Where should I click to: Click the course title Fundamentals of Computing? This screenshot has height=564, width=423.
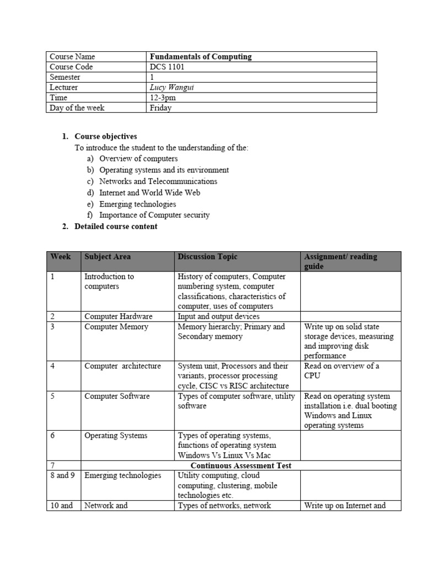[200, 57]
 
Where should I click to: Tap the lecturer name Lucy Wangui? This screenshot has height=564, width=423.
[173, 87]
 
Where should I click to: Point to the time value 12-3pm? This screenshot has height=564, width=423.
[164, 97]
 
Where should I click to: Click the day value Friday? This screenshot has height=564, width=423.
[161, 108]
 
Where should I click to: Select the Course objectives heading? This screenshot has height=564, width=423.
[106, 137]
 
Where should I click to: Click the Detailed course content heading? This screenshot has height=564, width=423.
[116, 226]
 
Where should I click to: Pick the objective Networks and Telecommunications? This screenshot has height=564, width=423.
[158, 181]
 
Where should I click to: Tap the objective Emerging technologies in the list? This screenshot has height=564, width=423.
[138, 204]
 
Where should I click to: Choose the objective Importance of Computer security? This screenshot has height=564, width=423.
[154, 215]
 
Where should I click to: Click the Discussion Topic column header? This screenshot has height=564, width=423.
[208, 257]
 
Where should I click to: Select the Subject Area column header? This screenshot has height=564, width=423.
[107, 257]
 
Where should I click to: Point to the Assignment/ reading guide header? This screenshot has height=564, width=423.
[340, 262]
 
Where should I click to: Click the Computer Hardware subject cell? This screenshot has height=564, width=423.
[118, 316]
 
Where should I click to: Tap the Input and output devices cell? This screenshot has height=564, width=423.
[219, 316]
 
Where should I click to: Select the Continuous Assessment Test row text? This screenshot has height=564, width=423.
[241, 465]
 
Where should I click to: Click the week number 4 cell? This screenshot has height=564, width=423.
[53, 366]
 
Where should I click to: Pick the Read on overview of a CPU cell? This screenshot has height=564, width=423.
[341, 371]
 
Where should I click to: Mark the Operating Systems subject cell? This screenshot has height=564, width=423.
[116, 436]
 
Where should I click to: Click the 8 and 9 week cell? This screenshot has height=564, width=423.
[62, 475]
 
